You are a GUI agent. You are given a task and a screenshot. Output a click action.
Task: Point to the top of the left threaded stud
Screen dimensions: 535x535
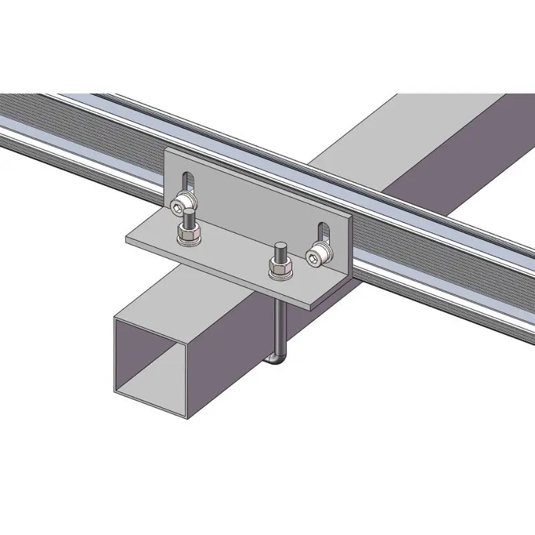click(189, 213)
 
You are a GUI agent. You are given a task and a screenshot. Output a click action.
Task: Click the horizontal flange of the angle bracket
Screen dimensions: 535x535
click(227, 257)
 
